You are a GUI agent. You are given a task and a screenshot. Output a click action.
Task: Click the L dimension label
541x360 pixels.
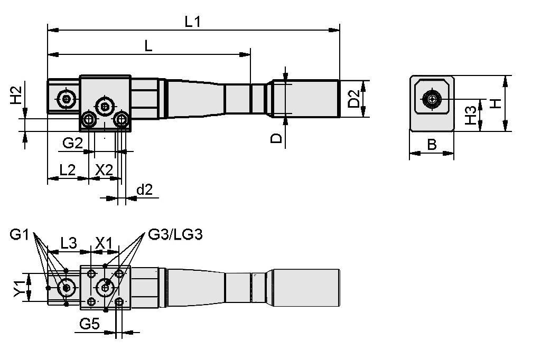pos(148,46)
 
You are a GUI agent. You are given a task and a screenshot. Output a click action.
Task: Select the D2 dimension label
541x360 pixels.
pos(354,99)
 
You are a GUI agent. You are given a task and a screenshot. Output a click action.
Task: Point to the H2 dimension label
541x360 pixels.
pos(16,95)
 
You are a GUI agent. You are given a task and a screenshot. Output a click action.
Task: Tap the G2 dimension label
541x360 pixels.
pos(72,143)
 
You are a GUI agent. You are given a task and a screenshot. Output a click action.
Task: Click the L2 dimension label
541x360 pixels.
pos(67,170)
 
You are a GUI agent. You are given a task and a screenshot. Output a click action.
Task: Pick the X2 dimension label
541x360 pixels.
pos(104,170)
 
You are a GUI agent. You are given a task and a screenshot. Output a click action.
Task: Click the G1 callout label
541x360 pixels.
pos(20,234)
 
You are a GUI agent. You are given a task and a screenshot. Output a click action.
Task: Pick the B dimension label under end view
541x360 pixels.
pos(432,145)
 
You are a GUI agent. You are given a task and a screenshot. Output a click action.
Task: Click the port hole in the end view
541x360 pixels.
pos(432,99)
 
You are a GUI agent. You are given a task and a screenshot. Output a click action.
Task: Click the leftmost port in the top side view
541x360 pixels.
pos(67,98)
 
